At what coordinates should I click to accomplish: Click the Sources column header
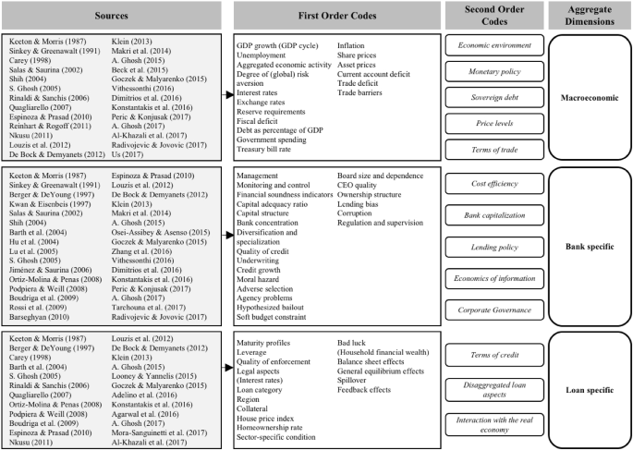111,16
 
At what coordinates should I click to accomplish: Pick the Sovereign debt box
489,119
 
